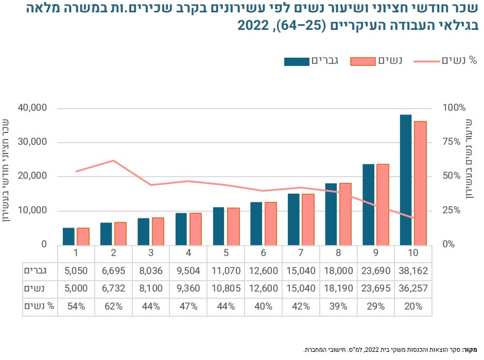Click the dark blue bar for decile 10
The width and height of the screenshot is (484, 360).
405,180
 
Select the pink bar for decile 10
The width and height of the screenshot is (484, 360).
420,183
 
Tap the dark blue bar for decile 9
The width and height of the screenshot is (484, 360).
368,204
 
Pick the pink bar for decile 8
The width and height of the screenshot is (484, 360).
345,214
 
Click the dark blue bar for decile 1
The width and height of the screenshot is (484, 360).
68,236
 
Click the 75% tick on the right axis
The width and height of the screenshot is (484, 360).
453,142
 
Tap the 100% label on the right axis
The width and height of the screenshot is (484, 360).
454,108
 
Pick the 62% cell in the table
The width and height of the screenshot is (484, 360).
113,306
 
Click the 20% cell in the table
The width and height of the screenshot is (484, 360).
413,306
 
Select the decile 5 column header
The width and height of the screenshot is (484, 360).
226,253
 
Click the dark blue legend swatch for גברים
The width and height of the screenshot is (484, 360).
297,61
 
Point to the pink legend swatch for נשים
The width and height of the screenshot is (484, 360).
363,61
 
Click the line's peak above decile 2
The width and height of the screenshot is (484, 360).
113,161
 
